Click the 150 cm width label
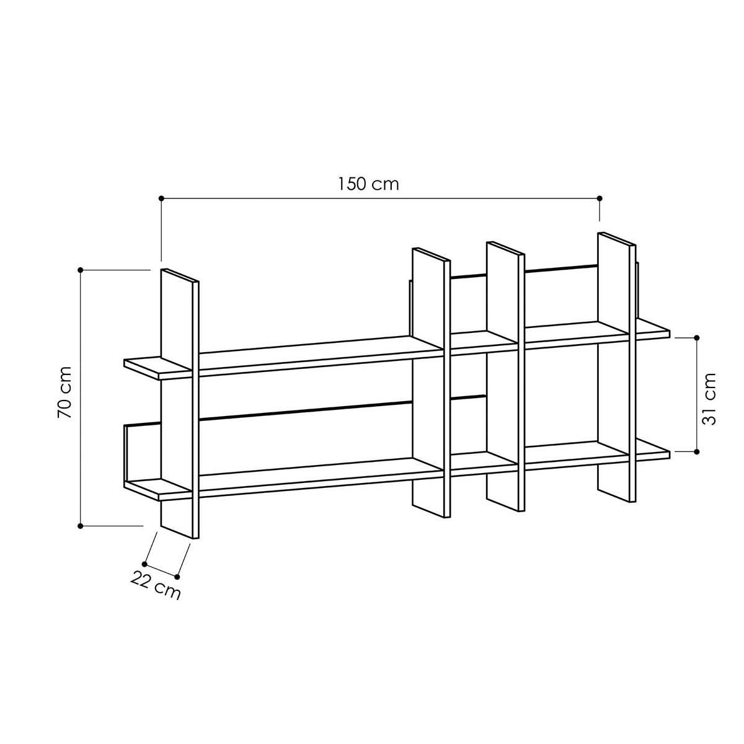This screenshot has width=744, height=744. [x=368, y=184]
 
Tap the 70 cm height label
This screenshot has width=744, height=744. [x=64, y=392]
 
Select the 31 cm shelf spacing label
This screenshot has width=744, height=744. [x=709, y=399]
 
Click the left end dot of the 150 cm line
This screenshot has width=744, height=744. [x=161, y=198]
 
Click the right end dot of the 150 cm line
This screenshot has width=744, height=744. [x=599, y=198]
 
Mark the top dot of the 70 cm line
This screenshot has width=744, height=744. [x=81, y=270]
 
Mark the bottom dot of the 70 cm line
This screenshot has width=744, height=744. [x=81, y=526]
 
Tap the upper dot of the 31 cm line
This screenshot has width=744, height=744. [x=696, y=337]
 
